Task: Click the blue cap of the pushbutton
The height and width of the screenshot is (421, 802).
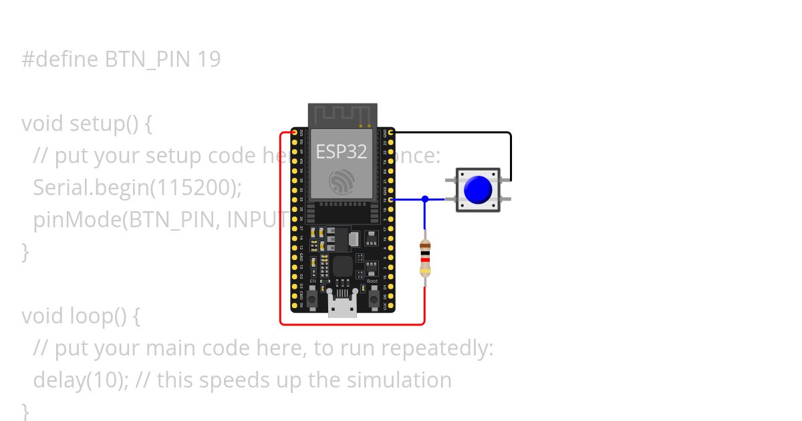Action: [477, 190]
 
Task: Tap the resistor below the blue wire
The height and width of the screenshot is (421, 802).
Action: [425, 259]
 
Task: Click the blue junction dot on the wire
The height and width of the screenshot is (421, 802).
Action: [425, 199]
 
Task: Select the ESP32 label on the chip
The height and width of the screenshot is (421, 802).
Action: [341, 152]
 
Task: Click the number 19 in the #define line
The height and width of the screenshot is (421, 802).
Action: [209, 60]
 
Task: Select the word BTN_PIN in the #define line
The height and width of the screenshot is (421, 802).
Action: [148, 60]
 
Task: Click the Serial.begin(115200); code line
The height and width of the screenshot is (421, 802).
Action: [137, 188]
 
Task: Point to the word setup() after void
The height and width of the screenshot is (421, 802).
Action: [112, 124]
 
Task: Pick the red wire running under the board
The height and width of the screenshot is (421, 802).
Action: [351, 325]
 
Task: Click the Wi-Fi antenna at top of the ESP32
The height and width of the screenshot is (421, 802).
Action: [342, 114]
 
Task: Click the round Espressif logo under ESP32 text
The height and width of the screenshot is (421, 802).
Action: [342, 182]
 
